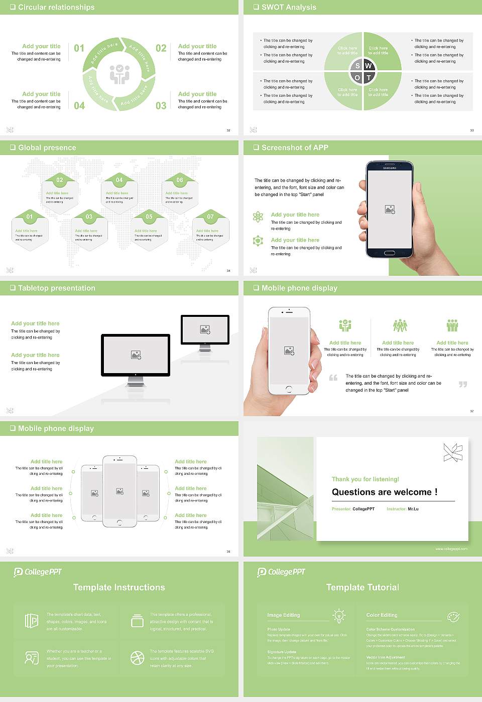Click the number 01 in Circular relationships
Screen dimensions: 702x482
(79, 48)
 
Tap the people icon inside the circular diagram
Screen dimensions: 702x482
(119, 74)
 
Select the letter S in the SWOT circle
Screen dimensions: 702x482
(357, 66)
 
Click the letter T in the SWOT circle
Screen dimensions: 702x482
(369, 78)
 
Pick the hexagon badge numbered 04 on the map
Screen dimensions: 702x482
(119, 180)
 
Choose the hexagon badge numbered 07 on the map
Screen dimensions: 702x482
(210, 217)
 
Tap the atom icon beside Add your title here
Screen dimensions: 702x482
(258, 217)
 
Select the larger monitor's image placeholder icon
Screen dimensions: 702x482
(136, 355)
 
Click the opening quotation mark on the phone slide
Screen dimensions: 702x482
(333, 378)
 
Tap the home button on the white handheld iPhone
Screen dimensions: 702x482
(289, 389)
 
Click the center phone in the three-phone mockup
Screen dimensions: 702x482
(119, 491)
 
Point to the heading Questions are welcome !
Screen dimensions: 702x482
(384, 492)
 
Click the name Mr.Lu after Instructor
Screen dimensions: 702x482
(413, 509)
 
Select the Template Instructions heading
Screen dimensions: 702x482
(119, 587)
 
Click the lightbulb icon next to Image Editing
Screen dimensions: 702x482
(339, 615)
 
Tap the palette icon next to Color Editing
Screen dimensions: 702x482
(453, 616)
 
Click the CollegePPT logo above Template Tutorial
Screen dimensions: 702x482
(281, 572)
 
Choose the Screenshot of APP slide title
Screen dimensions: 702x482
(295, 147)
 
